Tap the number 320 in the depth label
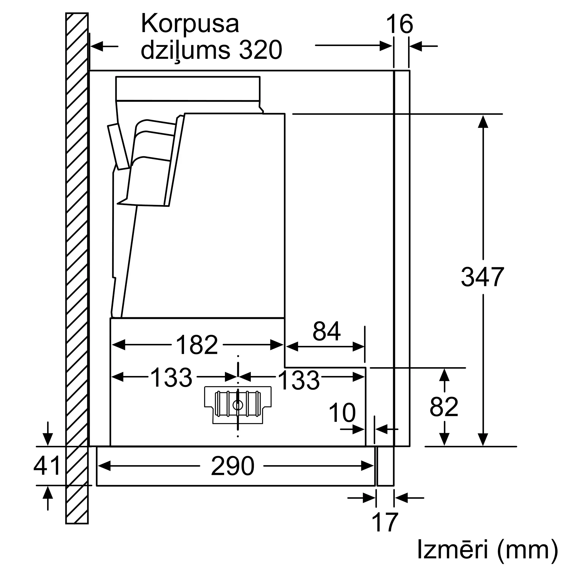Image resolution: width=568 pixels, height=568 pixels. pyautogui.click(x=260, y=50)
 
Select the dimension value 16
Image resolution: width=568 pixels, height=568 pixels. pyautogui.click(x=400, y=24)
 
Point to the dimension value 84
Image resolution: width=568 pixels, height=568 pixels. pyautogui.click(x=326, y=331)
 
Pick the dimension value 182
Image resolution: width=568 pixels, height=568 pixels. pyautogui.click(x=197, y=345)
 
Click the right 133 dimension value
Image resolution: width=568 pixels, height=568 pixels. pyautogui.click(x=298, y=381)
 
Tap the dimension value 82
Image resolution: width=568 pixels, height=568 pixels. pyautogui.click(x=444, y=407)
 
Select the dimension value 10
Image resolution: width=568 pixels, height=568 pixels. pyautogui.click(x=342, y=413)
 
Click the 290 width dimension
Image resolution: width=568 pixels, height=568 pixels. pyautogui.click(x=232, y=466)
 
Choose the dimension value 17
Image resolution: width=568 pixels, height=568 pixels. pyautogui.click(x=385, y=522)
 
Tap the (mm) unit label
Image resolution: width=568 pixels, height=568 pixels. pyautogui.click(x=528, y=549)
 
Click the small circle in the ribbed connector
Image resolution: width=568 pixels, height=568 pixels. pyautogui.click(x=237, y=405)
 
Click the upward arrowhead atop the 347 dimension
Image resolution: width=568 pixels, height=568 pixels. pyautogui.click(x=483, y=122)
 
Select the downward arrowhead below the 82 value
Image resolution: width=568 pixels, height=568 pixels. pyautogui.click(x=444, y=439)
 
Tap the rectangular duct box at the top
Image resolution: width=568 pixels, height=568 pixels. pyautogui.click(x=187, y=89)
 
